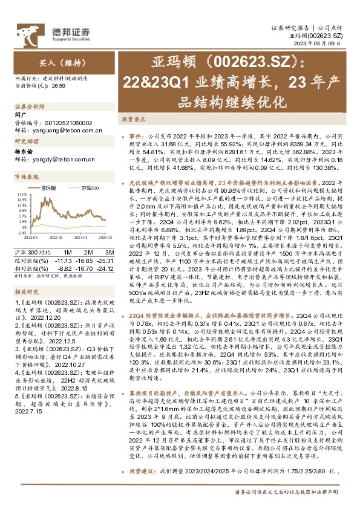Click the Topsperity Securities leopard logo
[x=26, y=31]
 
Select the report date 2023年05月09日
[x=329, y=44]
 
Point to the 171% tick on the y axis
[x=21, y=180]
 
